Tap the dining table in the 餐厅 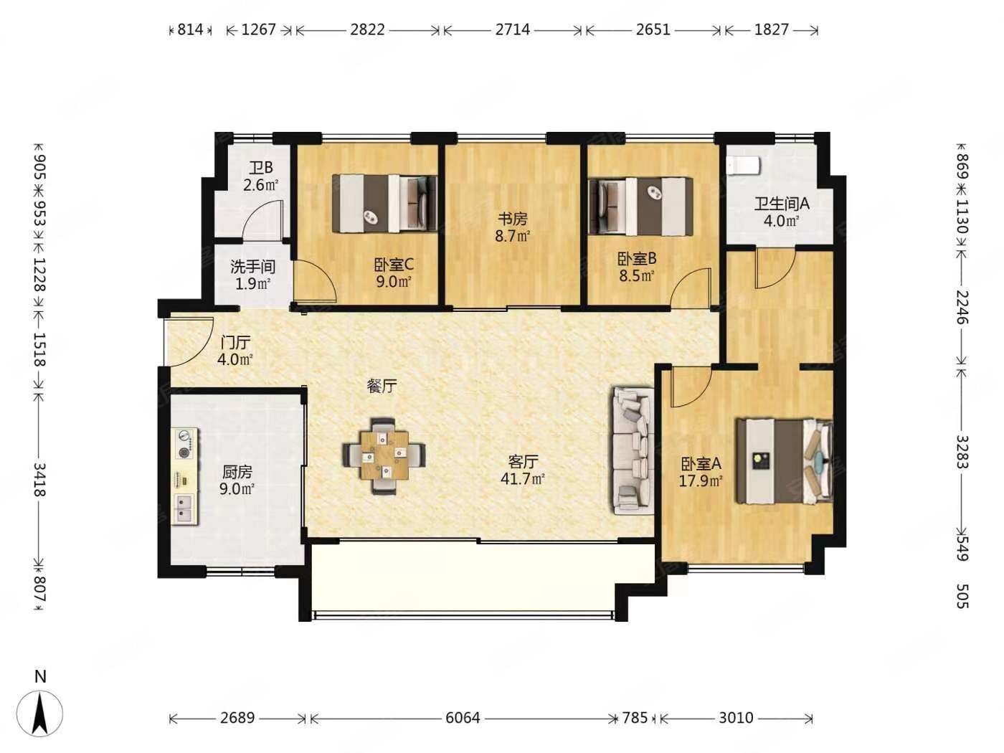point(384,453)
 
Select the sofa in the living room point(633,451)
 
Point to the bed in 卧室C point(385,204)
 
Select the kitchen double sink point(184,508)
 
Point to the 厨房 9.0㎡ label point(237,480)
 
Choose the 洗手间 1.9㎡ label point(252,275)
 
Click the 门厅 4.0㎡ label point(235,351)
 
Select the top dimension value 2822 point(367,29)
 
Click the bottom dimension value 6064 point(462,717)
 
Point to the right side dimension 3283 point(962,452)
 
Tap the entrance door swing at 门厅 point(189,341)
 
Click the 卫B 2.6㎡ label point(260,176)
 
